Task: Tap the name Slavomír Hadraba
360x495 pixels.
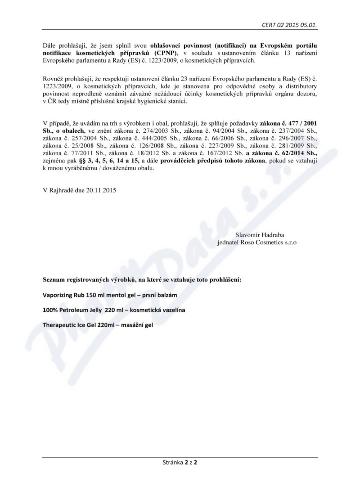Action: [x=260, y=234]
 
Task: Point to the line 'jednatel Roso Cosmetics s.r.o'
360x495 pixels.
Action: [x=256, y=242]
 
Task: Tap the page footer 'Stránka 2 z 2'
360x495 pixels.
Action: [x=180, y=462]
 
